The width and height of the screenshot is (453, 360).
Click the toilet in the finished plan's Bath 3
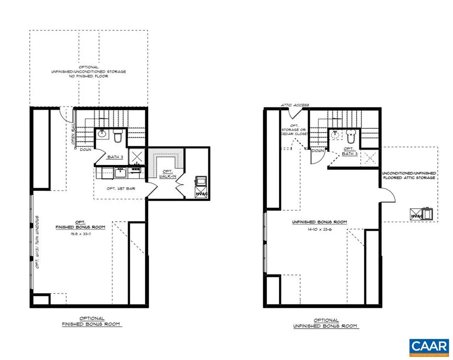117,137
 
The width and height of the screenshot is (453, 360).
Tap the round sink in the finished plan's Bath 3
101,133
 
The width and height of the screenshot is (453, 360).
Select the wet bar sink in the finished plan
120,172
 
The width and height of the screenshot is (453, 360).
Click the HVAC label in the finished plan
201,193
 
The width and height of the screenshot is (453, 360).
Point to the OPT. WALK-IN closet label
167,174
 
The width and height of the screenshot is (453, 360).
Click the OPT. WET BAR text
121,188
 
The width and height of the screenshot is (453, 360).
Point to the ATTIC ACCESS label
295,105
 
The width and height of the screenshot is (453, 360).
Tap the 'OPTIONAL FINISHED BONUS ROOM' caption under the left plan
92,321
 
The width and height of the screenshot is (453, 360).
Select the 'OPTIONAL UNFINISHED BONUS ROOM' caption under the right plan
326,323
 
